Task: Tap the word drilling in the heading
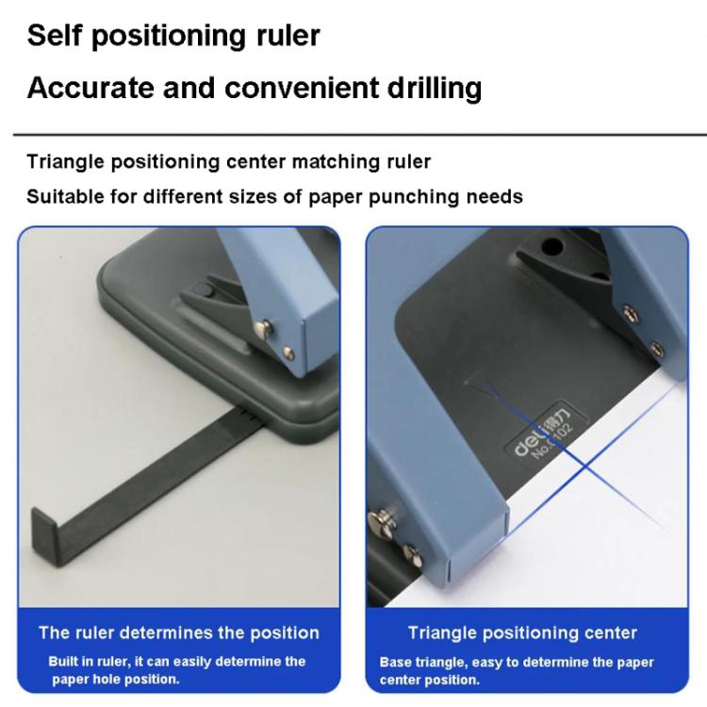tap(429, 89)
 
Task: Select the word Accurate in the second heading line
tap(90, 89)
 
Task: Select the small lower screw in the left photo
tap(288, 354)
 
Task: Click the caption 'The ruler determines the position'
tap(178, 633)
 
